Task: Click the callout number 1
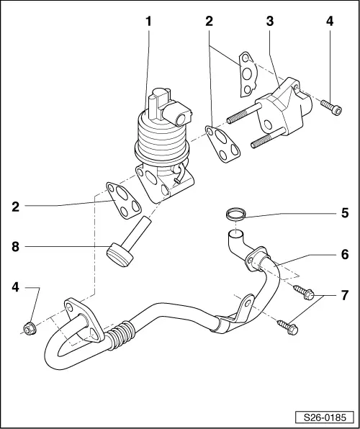(x=149, y=22)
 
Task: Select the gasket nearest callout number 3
(x=246, y=73)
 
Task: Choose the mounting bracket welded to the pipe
(x=237, y=316)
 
